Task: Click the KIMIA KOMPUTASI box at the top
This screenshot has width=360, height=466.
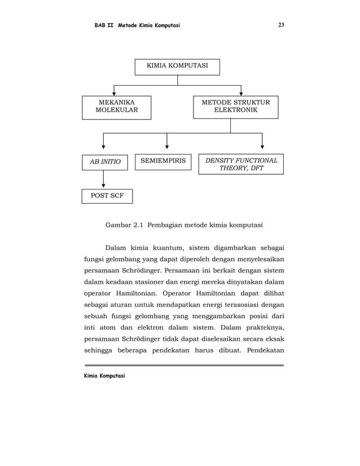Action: (x=177, y=67)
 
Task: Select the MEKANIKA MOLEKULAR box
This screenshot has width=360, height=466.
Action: (x=116, y=107)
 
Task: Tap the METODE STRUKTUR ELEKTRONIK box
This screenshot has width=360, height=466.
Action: (x=235, y=107)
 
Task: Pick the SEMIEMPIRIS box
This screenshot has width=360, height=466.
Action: (x=163, y=161)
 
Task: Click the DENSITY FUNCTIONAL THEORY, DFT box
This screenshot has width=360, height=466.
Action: (x=241, y=164)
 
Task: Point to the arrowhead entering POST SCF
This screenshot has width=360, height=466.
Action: (x=104, y=186)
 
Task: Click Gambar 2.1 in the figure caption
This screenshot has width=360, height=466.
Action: (x=121, y=226)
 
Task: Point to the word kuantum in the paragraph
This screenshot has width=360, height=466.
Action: (x=168, y=247)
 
